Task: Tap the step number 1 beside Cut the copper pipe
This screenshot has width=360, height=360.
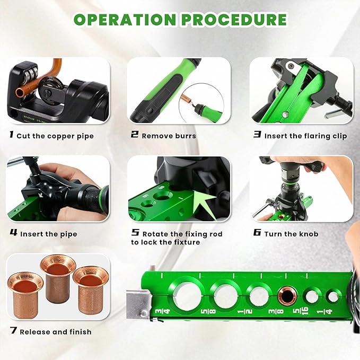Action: [x=11, y=135]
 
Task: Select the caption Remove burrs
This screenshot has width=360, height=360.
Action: [x=169, y=136]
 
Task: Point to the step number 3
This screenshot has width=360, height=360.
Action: [x=257, y=135]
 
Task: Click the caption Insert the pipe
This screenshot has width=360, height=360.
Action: [x=48, y=234]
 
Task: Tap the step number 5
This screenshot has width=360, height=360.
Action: [x=135, y=233]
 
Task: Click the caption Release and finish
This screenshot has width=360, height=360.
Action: [x=55, y=332]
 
